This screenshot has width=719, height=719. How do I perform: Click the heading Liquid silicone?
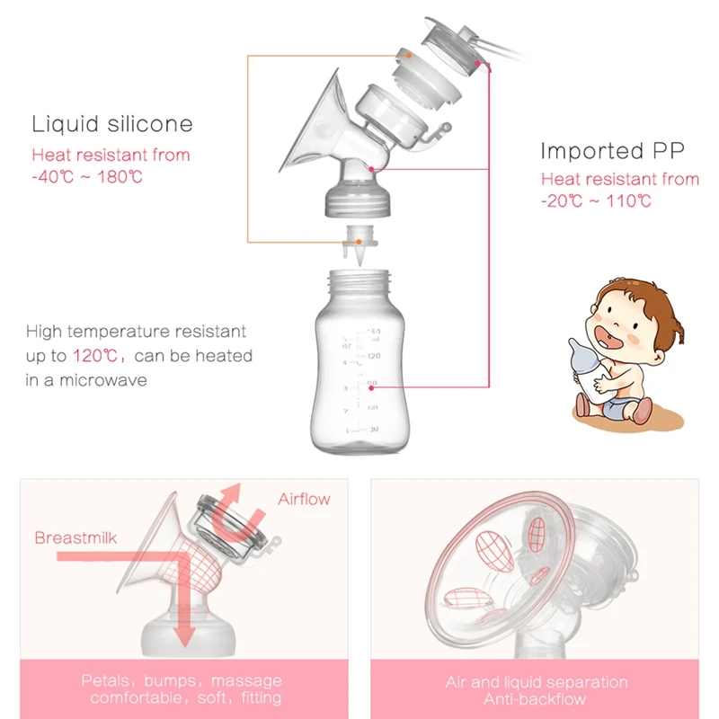point(112,124)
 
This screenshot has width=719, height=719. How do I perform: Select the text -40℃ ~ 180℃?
point(87,177)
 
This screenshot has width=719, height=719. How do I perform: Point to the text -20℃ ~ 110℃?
point(596,201)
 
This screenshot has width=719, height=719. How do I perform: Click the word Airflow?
point(304,499)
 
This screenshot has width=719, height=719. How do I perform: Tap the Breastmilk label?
point(76,538)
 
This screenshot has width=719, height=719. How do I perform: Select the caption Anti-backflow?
point(537,699)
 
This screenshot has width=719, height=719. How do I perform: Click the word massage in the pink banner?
point(244,680)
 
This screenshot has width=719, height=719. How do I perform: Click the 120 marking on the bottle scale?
point(373,356)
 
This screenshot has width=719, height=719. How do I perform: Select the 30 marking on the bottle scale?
point(373,430)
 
